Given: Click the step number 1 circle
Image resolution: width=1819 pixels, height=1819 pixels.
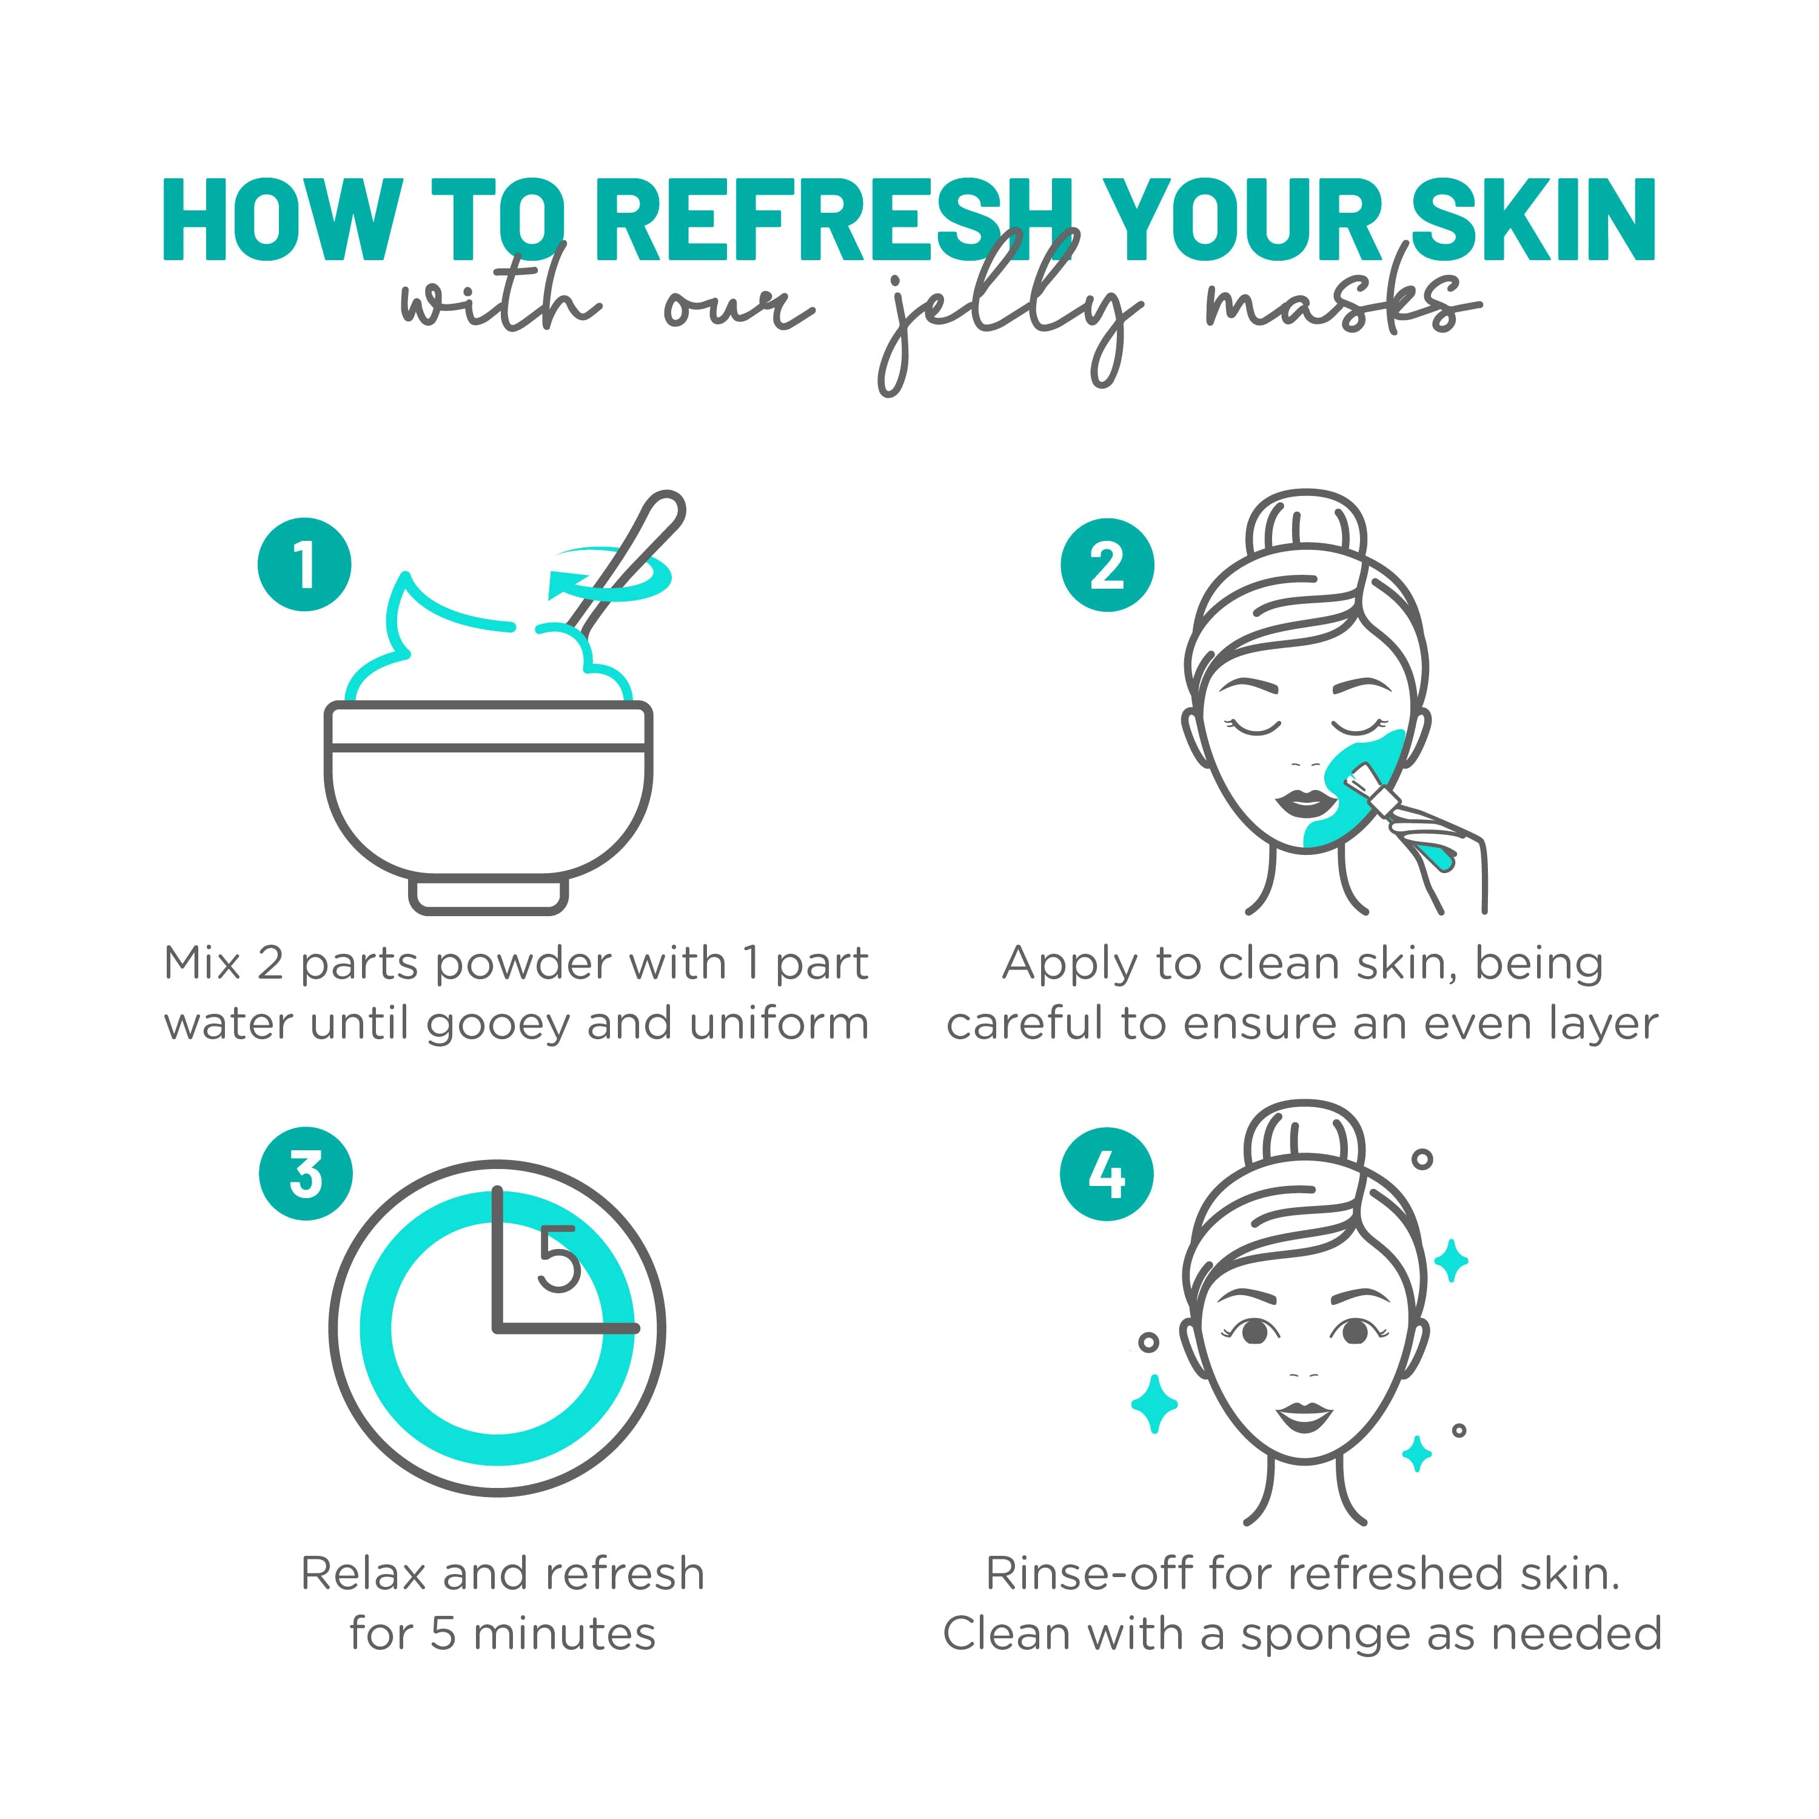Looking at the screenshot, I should [x=304, y=565].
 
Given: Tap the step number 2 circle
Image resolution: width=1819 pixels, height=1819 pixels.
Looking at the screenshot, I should [x=1107, y=565].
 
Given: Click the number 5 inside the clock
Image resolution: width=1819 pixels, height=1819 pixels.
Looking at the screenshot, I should [x=557, y=1260].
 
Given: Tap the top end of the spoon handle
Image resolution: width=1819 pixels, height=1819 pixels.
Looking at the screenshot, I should [x=666, y=509].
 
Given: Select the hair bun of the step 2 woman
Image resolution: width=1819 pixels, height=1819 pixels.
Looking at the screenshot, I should [x=1306, y=528].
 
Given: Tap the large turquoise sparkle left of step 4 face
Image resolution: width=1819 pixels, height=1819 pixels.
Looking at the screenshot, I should [x=1154, y=1404].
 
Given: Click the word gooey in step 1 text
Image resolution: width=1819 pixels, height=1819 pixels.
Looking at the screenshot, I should [x=498, y=1024].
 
